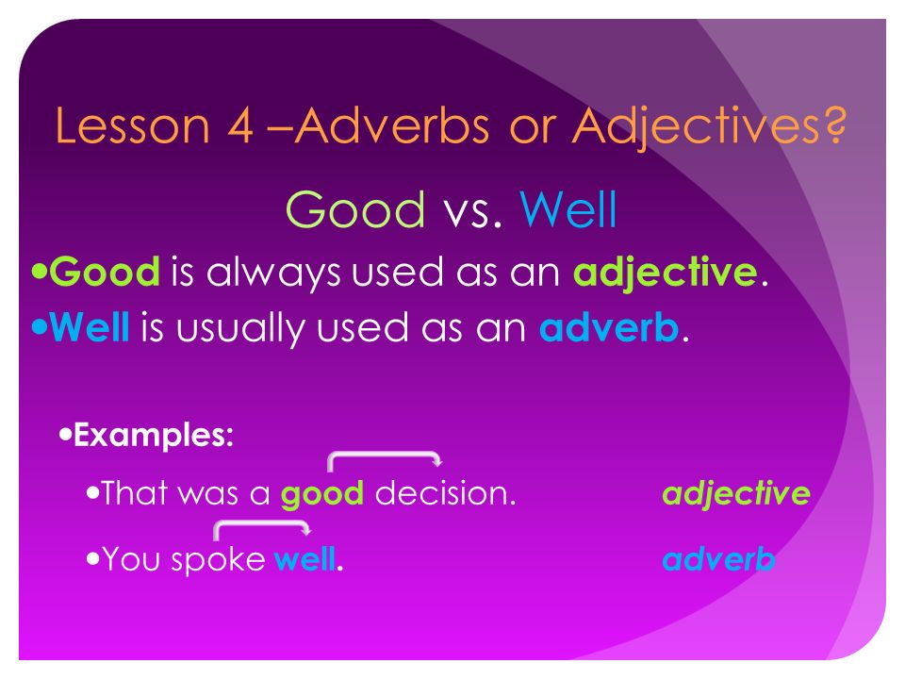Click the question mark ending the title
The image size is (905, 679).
pos(832,124)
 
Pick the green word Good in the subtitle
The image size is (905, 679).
pos(355,209)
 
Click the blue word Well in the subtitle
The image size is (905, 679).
pos(568,209)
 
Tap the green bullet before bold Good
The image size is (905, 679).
pos(40,271)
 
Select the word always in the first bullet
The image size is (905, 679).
pos(272,273)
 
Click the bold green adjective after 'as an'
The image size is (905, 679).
pos(665,273)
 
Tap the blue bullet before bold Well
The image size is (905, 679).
pos(40,327)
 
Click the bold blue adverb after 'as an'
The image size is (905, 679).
pos(609,327)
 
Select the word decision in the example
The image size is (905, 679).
pos(445,493)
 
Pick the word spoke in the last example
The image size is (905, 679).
pos(218,560)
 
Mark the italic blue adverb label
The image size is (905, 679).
pos(718,558)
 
